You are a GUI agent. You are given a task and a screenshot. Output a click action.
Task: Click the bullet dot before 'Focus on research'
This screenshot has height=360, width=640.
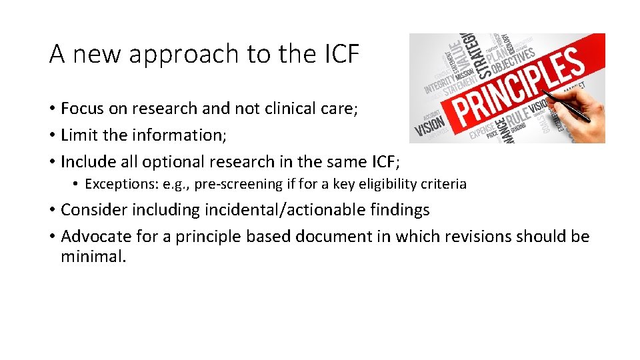tap(52, 109)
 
